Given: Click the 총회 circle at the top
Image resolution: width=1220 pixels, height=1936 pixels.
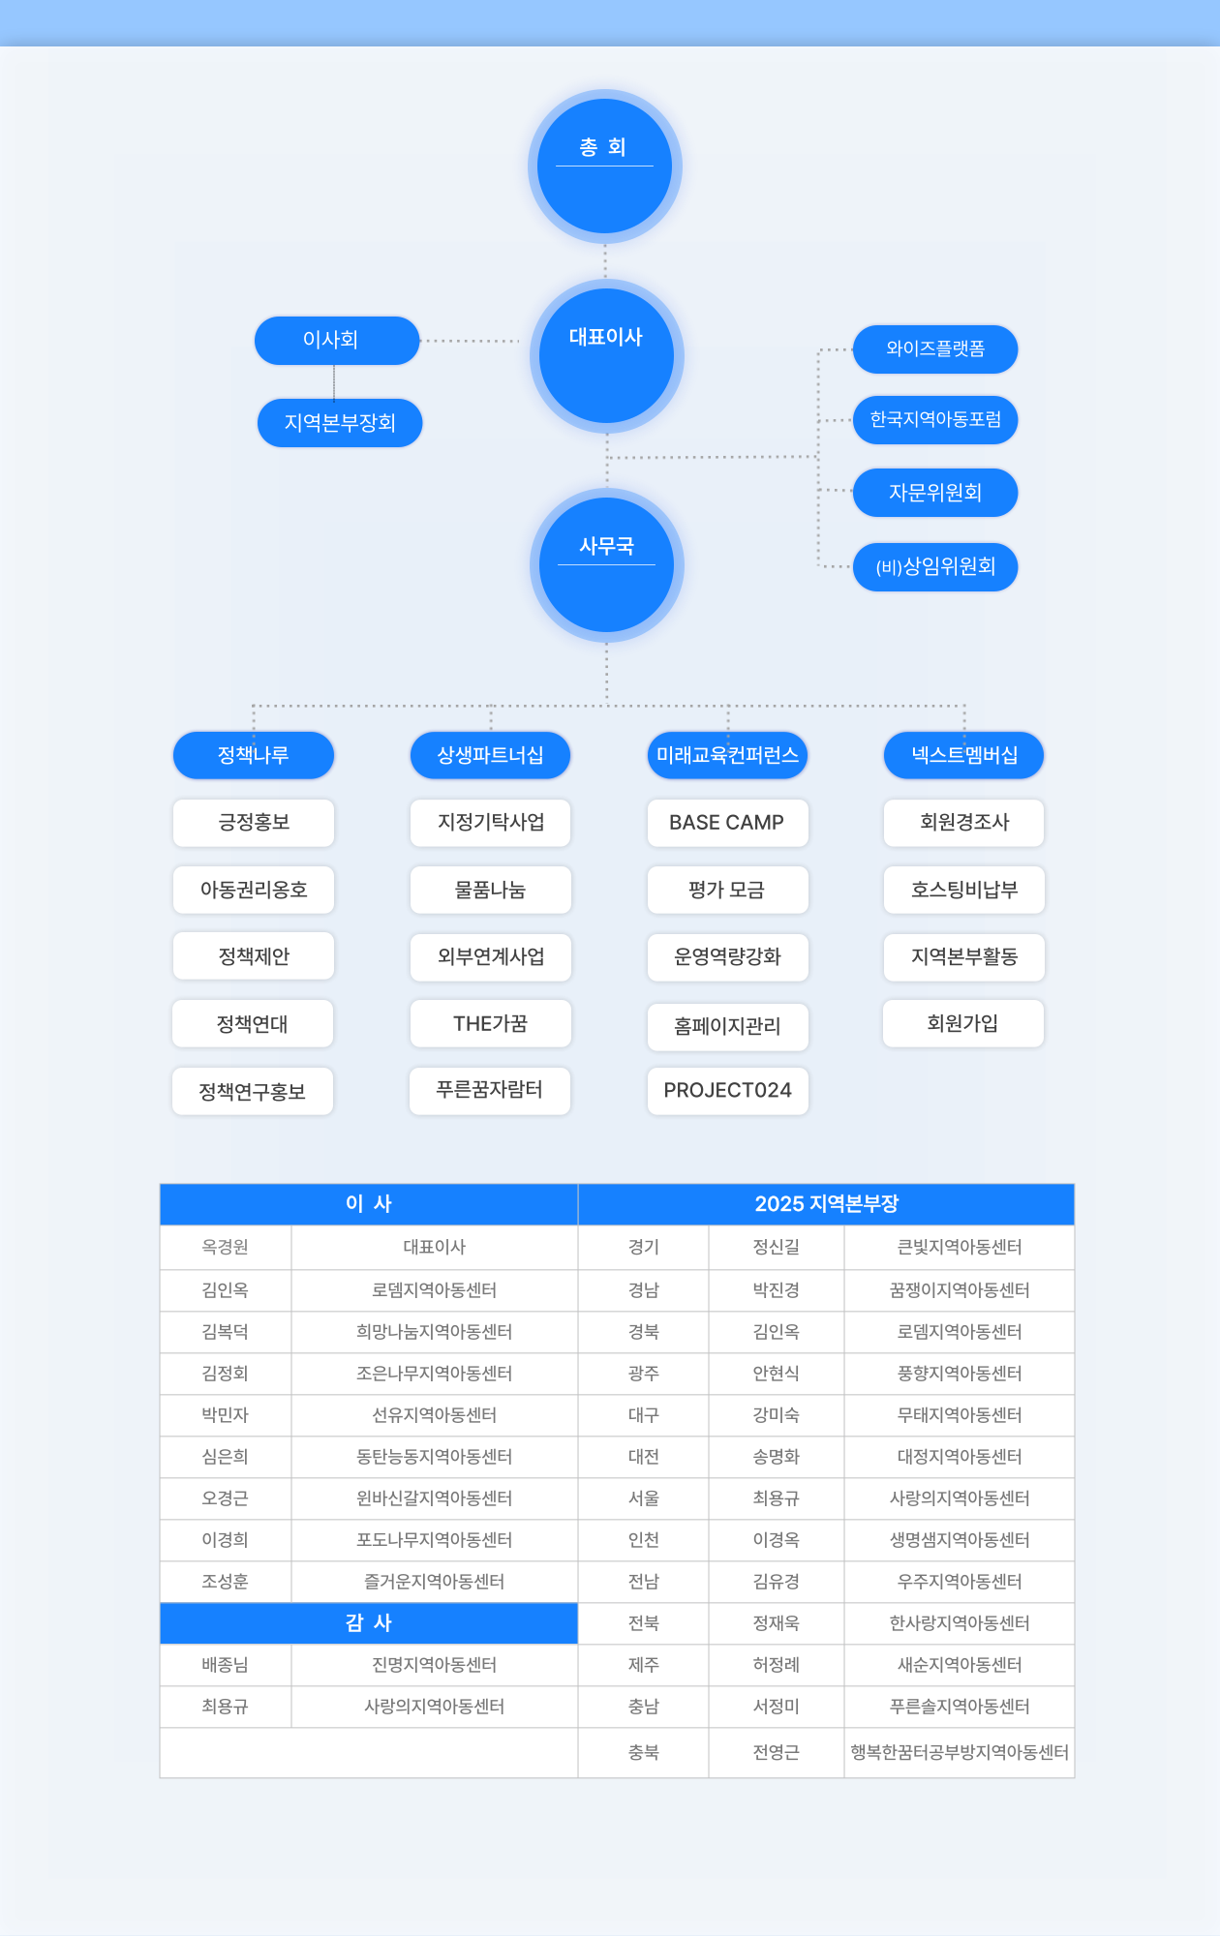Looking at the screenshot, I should pyautogui.click(x=605, y=166).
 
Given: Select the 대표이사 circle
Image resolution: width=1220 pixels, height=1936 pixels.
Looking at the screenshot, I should pyautogui.click(x=606, y=356).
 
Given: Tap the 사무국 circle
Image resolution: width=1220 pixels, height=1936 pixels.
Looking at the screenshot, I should pyautogui.click(x=606, y=565).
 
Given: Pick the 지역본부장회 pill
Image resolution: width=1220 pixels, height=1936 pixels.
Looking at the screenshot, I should pyautogui.click(x=340, y=423).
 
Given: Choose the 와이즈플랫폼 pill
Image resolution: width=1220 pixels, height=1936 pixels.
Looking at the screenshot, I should pyautogui.click(x=935, y=349).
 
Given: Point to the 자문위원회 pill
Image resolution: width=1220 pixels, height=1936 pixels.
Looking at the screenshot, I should pyautogui.click(x=935, y=493).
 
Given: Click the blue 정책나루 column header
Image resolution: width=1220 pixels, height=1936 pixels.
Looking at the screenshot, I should pyautogui.click(x=254, y=755).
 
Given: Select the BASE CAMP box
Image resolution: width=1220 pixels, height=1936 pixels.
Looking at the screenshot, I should pyautogui.click(x=727, y=823).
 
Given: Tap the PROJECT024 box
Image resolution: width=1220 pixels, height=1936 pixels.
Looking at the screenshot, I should pyautogui.click(x=727, y=1091).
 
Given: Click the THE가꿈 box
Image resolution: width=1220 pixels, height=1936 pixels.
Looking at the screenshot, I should pyautogui.click(x=491, y=1024).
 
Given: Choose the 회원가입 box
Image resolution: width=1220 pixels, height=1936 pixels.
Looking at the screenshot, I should pyautogui.click(x=963, y=1024).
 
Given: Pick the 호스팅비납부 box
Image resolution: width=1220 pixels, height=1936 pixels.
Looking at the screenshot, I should pyautogui.click(x=964, y=890).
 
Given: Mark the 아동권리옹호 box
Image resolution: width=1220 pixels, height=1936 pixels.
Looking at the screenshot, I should pyautogui.click(x=254, y=890).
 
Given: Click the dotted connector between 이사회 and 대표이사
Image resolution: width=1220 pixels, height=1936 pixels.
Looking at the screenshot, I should pyautogui.click(x=472, y=341).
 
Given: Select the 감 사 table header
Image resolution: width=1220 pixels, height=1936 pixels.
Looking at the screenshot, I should pyautogui.click(x=369, y=1623).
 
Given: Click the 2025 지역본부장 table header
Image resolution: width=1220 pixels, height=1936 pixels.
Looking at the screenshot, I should pyautogui.click(x=826, y=1204).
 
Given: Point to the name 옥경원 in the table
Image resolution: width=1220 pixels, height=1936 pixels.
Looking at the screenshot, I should pyautogui.click(x=226, y=1248).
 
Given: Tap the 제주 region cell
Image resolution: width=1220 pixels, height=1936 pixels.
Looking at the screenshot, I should pyautogui.click(x=644, y=1665).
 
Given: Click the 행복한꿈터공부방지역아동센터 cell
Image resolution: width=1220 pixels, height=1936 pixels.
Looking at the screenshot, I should pyautogui.click(x=960, y=1752).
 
